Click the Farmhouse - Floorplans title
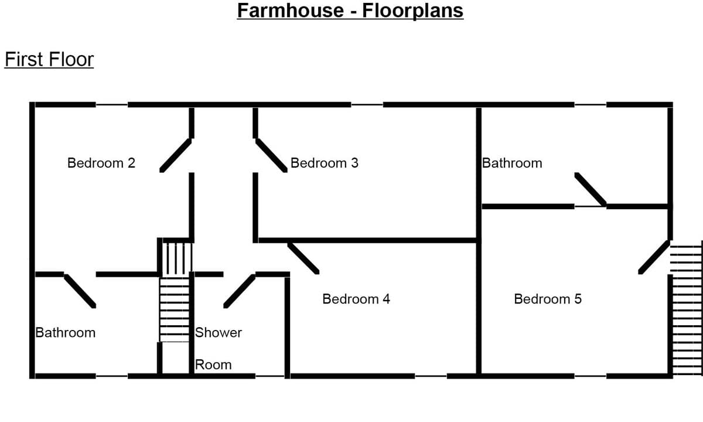(x=350, y=11)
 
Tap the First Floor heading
(x=49, y=59)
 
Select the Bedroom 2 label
(x=101, y=163)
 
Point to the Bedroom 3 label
(x=325, y=163)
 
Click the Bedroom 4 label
(x=356, y=299)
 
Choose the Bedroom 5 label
(x=548, y=299)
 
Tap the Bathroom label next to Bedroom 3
(x=512, y=164)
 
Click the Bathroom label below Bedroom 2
(x=66, y=333)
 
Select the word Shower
(x=219, y=332)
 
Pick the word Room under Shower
(x=213, y=365)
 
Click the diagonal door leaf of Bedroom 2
(x=176, y=155)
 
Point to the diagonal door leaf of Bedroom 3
(x=271, y=155)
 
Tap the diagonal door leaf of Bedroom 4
(x=303, y=258)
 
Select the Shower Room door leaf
(x=240, y=291)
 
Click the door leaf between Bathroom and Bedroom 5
(x=591, y=189)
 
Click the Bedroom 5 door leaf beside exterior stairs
(x=654, y=257)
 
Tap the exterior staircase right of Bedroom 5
(x=687, y=308)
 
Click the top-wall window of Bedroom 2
(x=112, y=104)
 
